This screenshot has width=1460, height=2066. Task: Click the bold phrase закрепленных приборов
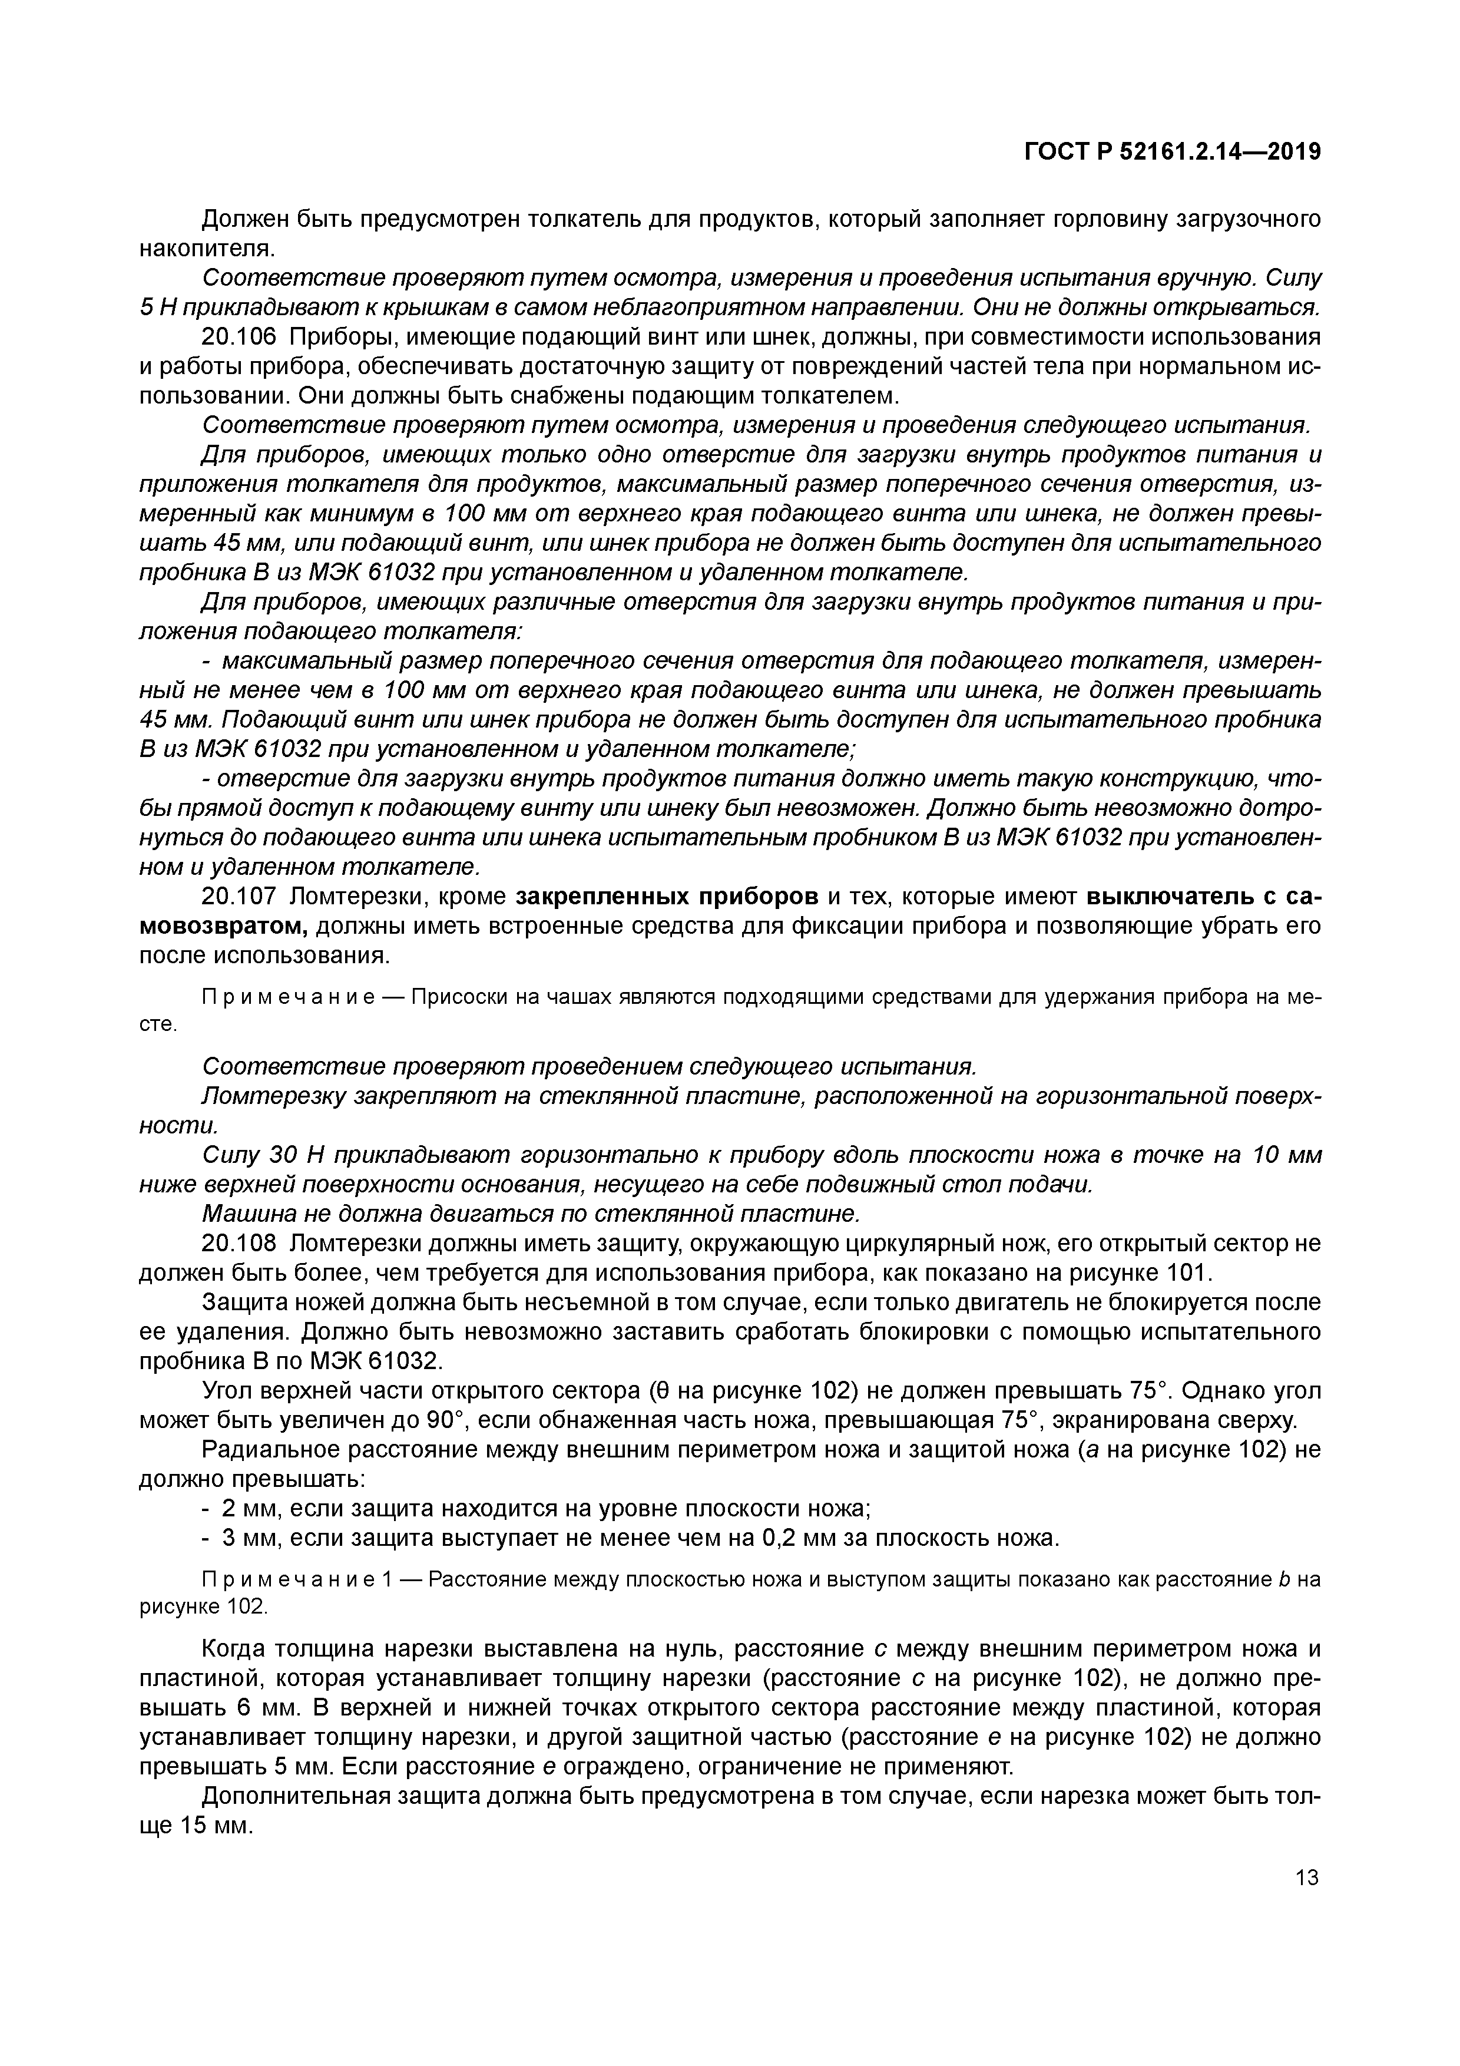[667, 897]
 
